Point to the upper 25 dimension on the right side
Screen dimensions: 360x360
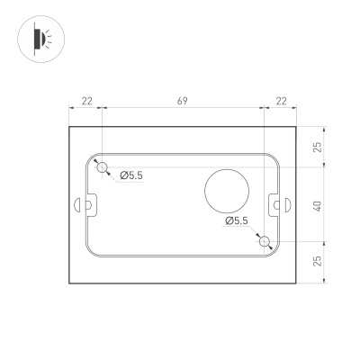pyautogui.click(x=319, y=147)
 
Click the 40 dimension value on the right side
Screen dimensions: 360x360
pyautogui.click(x=319, y=204)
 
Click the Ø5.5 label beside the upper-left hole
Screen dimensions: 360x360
pyautogui.click(x=131, y=175)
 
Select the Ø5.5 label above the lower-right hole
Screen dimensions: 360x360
pyautogui.click(x=237, y=220)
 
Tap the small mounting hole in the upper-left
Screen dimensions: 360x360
pyautogui.click(x=103, y=166)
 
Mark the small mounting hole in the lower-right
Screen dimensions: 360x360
pyautogui.click(x=263, y=240)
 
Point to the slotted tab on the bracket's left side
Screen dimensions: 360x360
pyautogui.click(x=90, y=205)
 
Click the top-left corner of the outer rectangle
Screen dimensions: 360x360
pyautogui.click(x=70, y=127)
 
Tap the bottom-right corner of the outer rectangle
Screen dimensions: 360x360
pyautogui.click(x=297, y=282)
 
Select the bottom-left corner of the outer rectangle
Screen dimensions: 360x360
pyautogui.click(x=70, y=282)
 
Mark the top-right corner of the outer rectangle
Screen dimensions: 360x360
pyautogui.click(x=297, y=127)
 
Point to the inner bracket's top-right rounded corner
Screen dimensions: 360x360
pyautogui.click(x=274, y=158)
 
